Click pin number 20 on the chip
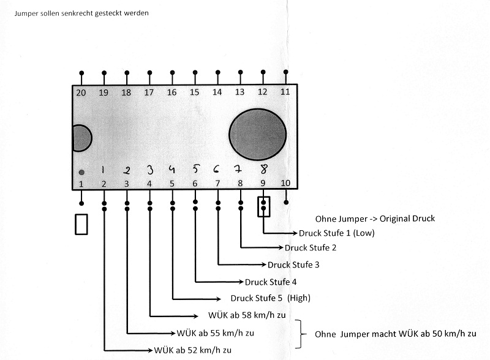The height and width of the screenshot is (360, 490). tap(81, 93)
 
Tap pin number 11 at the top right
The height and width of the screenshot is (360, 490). tap(285, 92)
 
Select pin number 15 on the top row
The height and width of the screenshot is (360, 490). tap(194, 92)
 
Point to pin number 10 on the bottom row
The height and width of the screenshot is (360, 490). tap(285, 183)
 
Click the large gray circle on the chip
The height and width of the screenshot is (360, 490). tap(257, 134)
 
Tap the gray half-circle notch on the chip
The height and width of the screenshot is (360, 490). tap(82, 138)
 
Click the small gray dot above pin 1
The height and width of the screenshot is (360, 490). tap(81, 172)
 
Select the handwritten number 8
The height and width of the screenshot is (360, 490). tap(264, 169)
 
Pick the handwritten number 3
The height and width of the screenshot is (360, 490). tap(150, 170)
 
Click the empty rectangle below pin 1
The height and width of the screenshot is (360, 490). tap(81, 224)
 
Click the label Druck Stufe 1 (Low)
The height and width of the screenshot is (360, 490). tap(336, 233)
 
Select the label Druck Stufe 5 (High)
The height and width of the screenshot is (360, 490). tap(270, 298)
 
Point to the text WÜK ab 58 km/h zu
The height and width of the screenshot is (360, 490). tap(247, 315)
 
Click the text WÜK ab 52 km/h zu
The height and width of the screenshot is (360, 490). tap(193, 350)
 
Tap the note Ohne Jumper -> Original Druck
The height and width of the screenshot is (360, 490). tap(375, 219)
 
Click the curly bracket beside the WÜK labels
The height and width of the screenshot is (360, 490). tap(300, 334)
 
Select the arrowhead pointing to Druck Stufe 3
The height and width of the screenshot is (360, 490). tap(264, 264)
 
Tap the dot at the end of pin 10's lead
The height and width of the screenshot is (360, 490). tap(286, 203)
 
